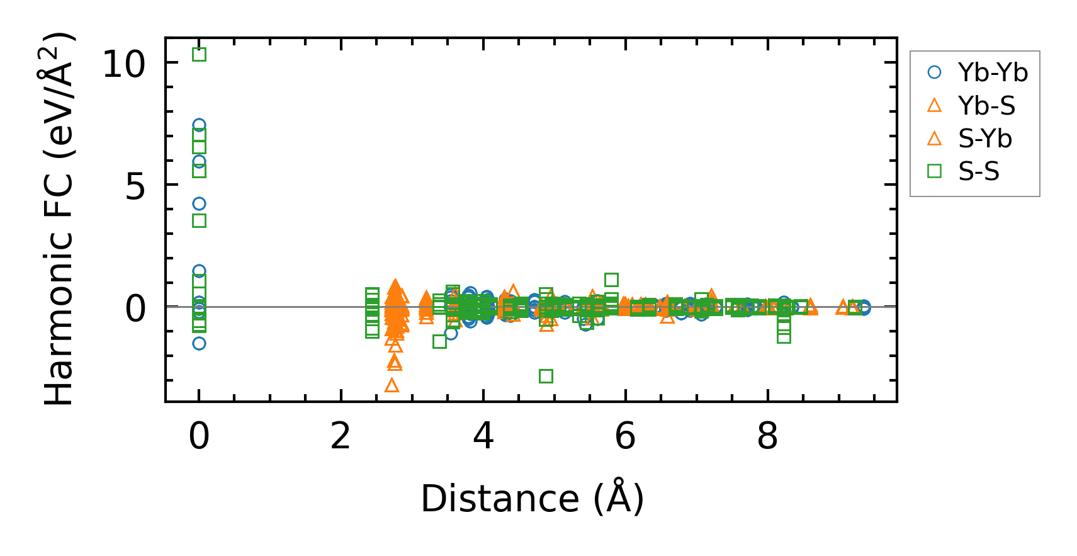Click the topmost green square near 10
tap(199, 55)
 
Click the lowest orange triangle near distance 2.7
tap(392, 385)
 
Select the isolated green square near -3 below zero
tap(546, 376)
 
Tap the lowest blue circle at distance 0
tap(199, 343)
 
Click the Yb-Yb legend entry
tap(993, 73)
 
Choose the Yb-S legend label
tap(986, 106)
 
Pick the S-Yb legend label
tap(985, 139)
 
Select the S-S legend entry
tap(979, 171)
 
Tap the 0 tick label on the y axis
tap(135, 309)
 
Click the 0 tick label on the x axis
tap(199, 436)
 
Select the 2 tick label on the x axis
tap(341, 436)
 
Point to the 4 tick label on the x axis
tap(483, 436)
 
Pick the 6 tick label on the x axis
tap(626, 436)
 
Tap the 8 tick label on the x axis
tap(768, 436)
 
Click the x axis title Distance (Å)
tap(532, 499)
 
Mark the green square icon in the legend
tap(935, 171)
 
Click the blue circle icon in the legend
tap(935, 73)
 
